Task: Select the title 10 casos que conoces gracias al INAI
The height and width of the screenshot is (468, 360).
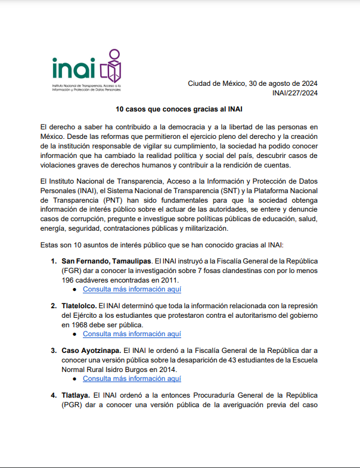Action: tap(179, 110)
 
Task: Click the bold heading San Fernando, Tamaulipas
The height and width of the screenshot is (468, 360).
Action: tap(106, 261)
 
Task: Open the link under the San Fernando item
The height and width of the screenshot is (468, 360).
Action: tap(132, 289)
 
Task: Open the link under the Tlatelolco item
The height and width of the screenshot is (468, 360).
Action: tap(132, 334)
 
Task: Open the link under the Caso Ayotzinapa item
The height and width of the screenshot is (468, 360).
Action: tap(132, 379)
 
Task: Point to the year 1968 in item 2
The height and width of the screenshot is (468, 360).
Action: tap(70, 325)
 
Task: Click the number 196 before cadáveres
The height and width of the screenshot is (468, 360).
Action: tap(68, 280)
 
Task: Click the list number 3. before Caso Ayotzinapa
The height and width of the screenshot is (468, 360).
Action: tap(54, 350)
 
